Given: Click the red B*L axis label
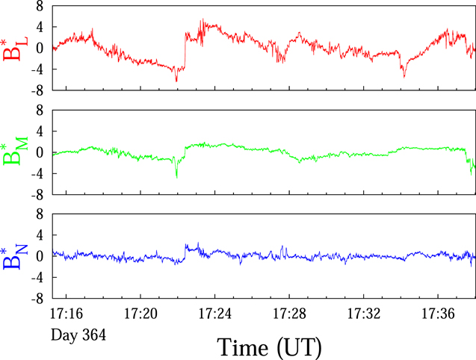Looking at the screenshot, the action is [x=15, y=49].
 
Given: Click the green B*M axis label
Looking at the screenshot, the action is [x=15, y=151].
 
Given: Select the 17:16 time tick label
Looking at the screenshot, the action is [x=67, y=313].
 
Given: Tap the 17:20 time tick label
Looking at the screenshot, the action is [x=140, y=313].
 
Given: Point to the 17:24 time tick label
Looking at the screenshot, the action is [x=215, y=313].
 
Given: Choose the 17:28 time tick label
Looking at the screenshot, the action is [x=289, y=313].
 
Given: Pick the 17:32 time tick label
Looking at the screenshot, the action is [x=364, y=313].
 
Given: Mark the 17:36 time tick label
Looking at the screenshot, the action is [x=438, y=313].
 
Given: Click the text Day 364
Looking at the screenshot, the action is [x=78, y=335].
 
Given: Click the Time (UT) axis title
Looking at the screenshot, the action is [x=269, y=347].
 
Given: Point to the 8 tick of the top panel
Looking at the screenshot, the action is [x=40, y=6].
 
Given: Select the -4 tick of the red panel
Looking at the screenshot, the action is [x=37, y=69].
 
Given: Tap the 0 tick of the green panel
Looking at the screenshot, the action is [x=40, y=152].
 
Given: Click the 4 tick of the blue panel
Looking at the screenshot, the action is [x=40, y=235].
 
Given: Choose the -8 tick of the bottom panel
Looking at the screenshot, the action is [x=37, y=299].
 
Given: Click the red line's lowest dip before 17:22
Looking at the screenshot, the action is [x=176, y=81].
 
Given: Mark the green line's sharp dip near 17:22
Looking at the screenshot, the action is [x=176, y=177].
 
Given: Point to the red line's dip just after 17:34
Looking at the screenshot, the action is [x=404, y=77].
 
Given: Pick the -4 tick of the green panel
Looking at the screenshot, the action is [x=37, y=173].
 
